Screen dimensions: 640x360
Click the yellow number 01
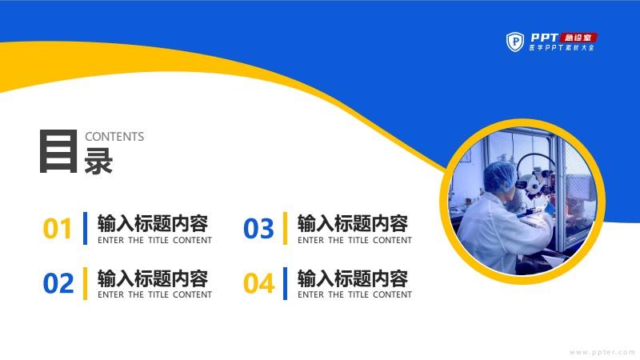click(57, 229)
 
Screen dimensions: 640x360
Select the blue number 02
click(58, 283)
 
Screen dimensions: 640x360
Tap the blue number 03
click(258, 229)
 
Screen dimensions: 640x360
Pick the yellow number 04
click(258, 283)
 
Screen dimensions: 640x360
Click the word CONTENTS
click(114, 137)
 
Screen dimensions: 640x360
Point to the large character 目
click(58, 151)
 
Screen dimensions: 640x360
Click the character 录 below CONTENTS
click(98, 162)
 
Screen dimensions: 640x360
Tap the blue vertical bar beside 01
click(85, 228)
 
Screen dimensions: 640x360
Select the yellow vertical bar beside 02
click(85, 283)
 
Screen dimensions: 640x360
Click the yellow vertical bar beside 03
click(285, 228)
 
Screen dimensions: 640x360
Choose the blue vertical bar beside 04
click(285, 283)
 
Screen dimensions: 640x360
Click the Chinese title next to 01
click(153, 224)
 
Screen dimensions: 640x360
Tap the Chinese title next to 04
click(353, 278)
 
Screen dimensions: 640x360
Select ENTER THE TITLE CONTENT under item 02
click(154, 294)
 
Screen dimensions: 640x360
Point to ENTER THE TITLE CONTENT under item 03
click(354, 241)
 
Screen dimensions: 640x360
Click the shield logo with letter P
click(515, 42)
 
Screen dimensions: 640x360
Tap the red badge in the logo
click(578, 38)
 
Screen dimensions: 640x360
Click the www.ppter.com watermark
click(602, 352)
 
